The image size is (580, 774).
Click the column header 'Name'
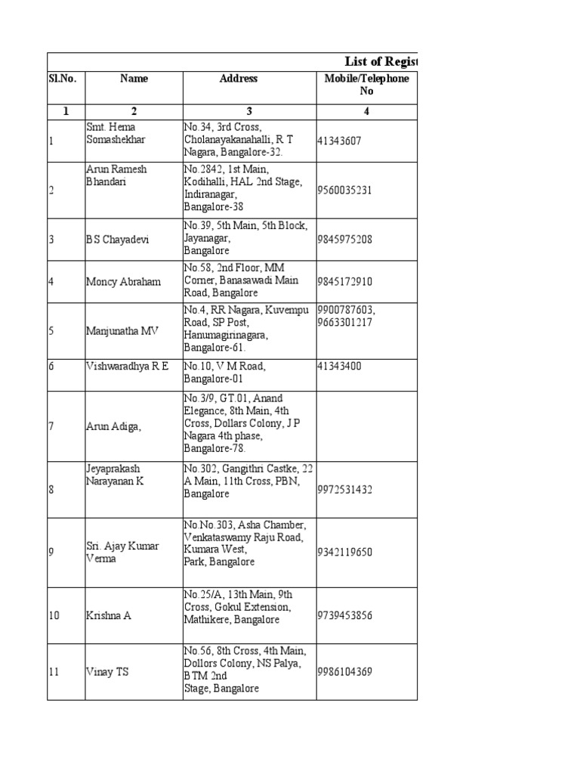point(134,79)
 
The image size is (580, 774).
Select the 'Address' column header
point(239,79)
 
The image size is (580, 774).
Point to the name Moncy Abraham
point(123,282)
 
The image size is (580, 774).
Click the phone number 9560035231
point(345,190)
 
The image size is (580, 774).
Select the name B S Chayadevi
point(118,240)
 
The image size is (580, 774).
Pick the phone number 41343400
point(340,367)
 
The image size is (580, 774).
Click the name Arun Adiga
point(114,427)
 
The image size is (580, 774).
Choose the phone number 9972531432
point(345,490)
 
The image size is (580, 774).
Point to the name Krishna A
point(109,616)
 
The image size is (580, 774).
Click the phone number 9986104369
point(345,671)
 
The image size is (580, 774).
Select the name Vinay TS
point(107,671)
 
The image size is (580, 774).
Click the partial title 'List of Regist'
point(381,62)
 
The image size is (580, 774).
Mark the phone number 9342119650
point(345,553)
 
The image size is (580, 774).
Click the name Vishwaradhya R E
point(127,367)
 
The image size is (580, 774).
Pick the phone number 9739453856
point(345,616)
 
